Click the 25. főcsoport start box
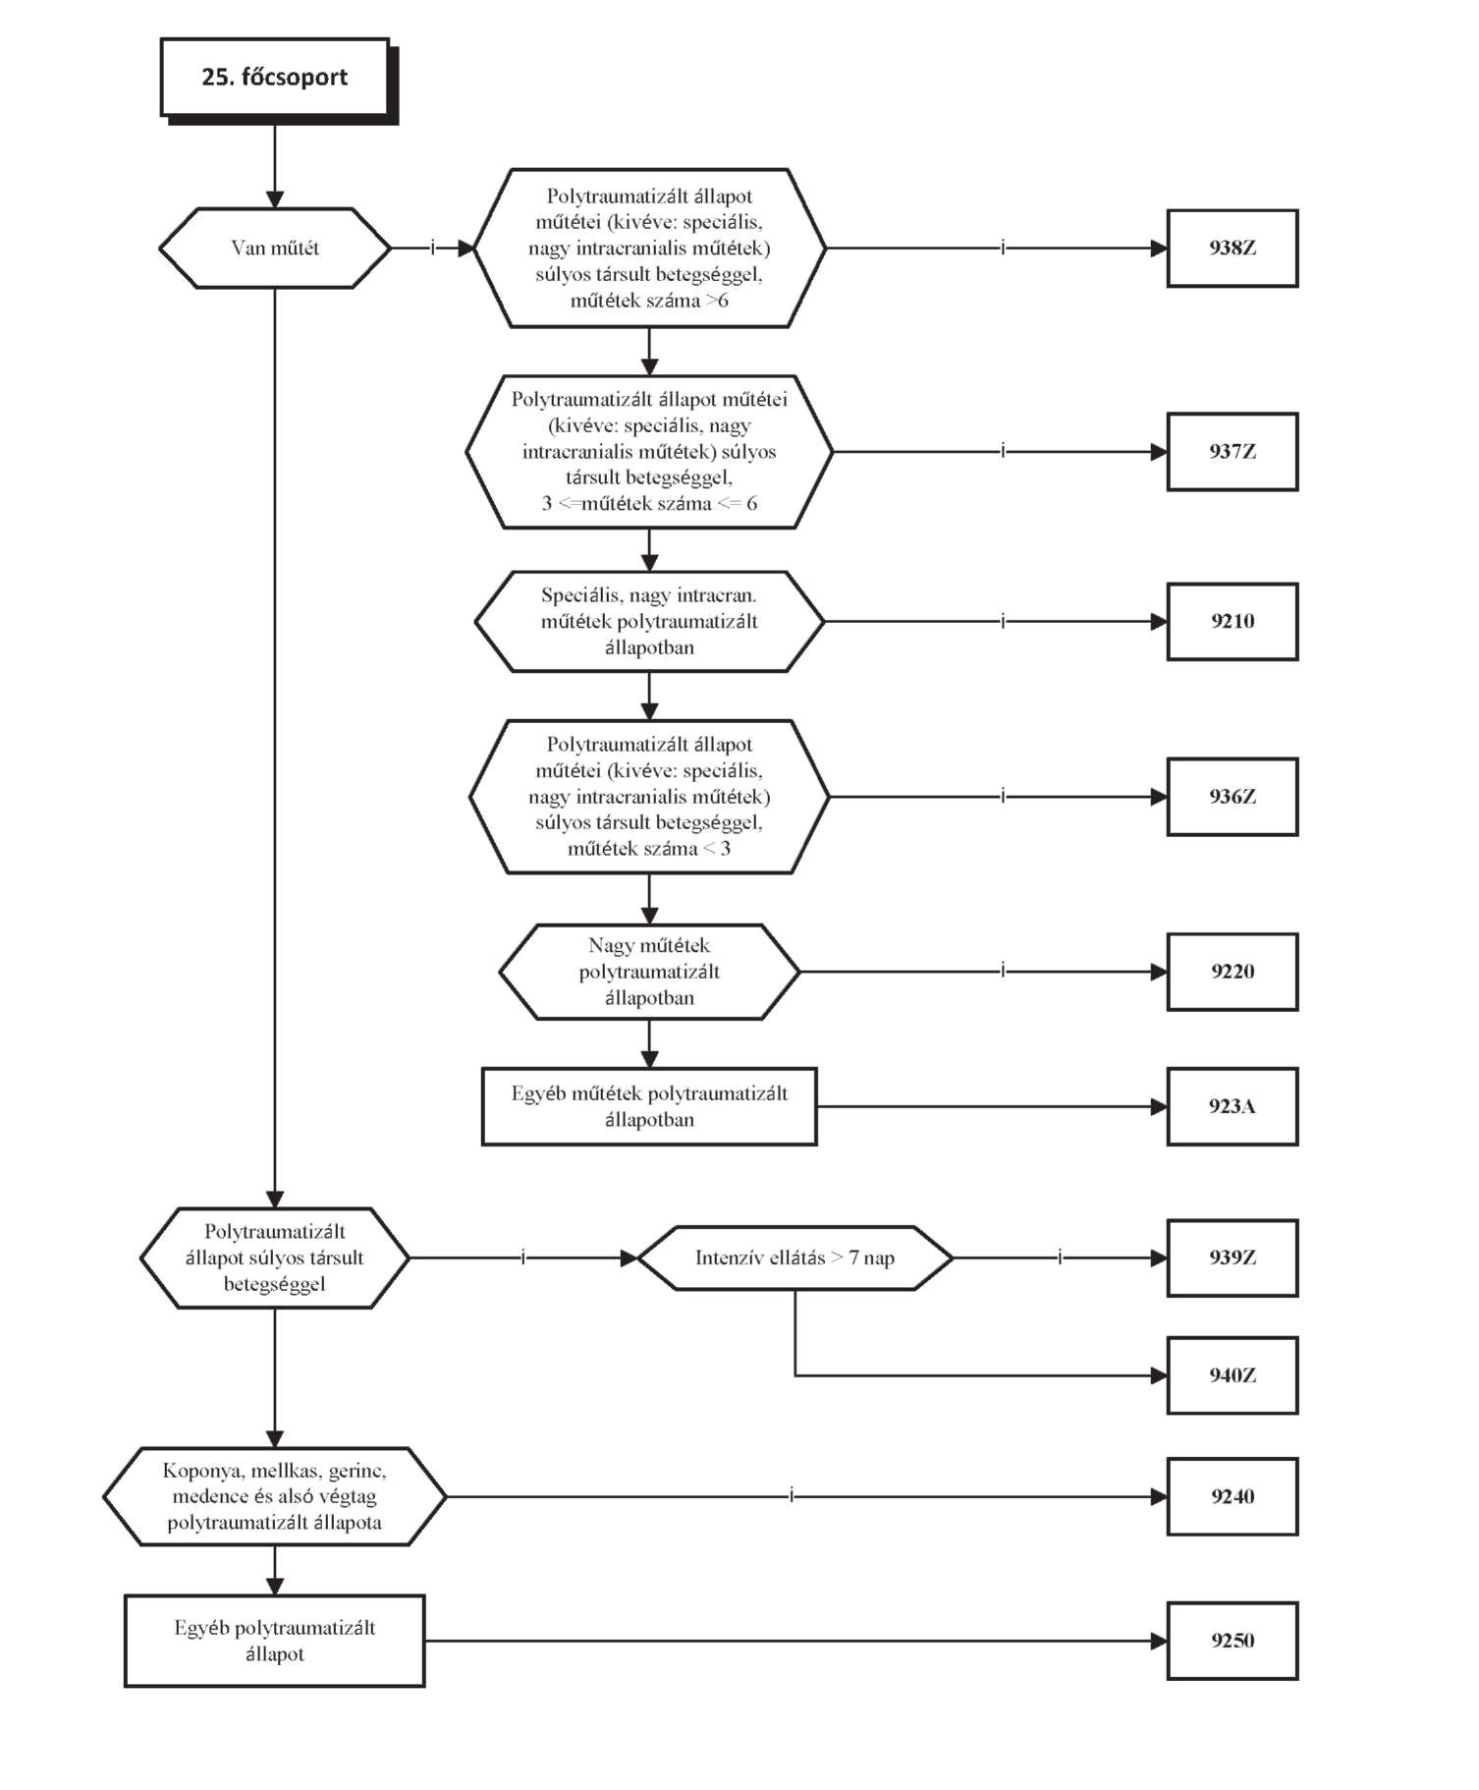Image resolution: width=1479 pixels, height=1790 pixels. (276, 79)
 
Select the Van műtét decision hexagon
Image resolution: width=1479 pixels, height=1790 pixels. (275, 248)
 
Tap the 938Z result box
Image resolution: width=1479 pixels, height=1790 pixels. (1232, 249)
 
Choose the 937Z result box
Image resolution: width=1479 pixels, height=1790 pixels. (1232, 452)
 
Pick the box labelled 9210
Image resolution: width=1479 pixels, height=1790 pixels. (1232, 621)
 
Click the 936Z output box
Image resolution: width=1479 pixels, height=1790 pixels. (1232, 797)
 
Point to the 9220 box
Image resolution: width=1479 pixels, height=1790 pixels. (1232, 972)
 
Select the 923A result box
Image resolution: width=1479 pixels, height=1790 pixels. (1232, 1106)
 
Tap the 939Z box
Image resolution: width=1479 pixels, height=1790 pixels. (1232, 1258)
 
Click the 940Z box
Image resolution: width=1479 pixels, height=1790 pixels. (1232, 1375)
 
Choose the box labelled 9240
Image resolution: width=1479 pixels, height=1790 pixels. (1232, 1496)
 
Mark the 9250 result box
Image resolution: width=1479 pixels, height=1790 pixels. (1232, 1641)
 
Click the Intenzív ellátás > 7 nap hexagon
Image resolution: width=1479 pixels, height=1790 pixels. (795, 1258)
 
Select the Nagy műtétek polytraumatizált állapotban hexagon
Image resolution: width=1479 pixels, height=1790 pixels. (649, 972)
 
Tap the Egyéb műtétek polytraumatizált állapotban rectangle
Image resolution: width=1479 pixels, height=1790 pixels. (649, 1106)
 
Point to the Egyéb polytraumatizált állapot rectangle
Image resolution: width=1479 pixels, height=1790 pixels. (275, 1641)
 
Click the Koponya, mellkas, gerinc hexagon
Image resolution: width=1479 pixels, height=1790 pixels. (275, 1496)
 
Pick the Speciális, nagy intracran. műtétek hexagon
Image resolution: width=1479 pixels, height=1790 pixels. (649, 621)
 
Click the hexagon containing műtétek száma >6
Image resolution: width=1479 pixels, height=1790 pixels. (649, 249)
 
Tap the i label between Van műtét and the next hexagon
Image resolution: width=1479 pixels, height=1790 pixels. (432, 249)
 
